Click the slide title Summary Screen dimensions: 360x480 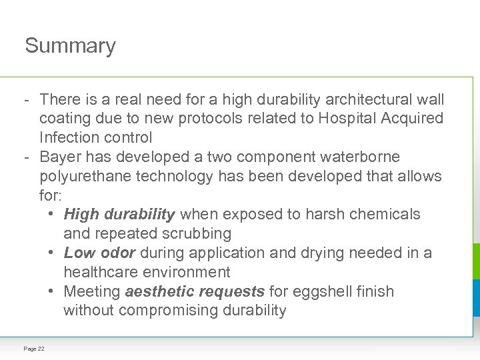click(x=70, y=46)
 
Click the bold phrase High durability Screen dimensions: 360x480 click(x=119, y=215)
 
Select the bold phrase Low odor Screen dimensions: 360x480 click(x=99, y=253)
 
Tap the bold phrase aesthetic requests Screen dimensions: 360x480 click(x=195, y=291)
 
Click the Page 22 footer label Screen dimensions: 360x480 click(x=34, y=349)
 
